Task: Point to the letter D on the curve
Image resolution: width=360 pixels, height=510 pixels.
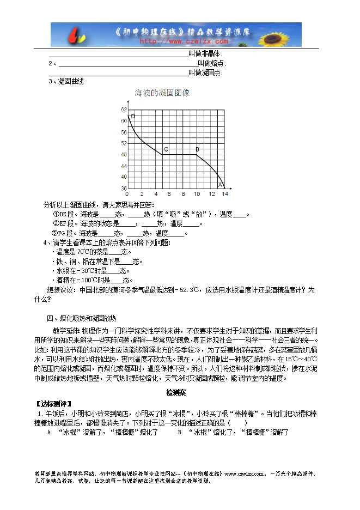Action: click(133, 117)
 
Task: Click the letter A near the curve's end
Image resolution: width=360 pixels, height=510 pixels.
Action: click(220, 185)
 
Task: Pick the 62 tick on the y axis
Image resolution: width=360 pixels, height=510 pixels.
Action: click(123, 110)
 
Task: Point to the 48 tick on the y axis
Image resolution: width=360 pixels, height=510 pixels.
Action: click(123, 154)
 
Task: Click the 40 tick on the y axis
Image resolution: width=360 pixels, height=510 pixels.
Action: click(123, 177)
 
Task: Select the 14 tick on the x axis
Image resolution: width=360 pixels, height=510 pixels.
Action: click(224, 194)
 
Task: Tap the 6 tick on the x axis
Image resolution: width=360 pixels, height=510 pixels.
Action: click(169, 194)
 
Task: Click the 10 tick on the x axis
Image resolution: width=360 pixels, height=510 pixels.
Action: click(197, 194)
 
